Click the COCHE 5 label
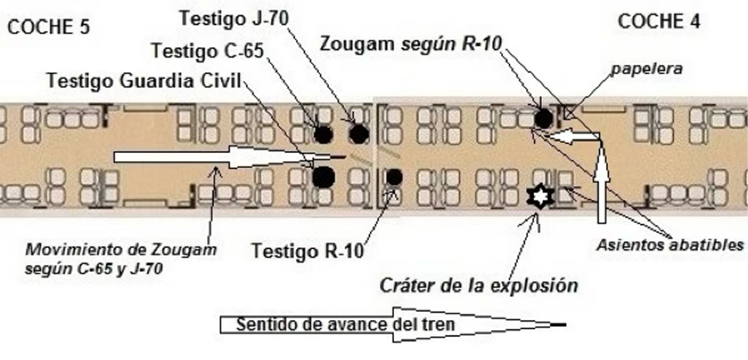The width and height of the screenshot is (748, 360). (x=47, y=27)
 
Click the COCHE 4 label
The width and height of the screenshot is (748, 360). (x=658, y=22)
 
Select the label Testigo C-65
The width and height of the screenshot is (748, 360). (x=208, y=52)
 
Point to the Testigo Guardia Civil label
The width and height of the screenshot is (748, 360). (x=143, y=81)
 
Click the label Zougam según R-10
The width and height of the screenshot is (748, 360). (x=411, y=43)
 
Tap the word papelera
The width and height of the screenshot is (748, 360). (x=647, y=71)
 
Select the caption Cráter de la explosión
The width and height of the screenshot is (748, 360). (x=479, y=285)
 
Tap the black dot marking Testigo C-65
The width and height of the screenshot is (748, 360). (x=322, y=133)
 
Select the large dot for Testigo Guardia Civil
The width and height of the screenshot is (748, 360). (x=322, y=175)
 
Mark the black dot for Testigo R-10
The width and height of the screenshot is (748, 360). (x=394, y=176)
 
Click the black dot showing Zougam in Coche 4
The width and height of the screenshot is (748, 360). (x=543, y=119)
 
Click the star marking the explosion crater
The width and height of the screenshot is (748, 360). (x=539, y=197)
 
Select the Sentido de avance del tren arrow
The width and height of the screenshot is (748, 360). (x=391, y=323)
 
